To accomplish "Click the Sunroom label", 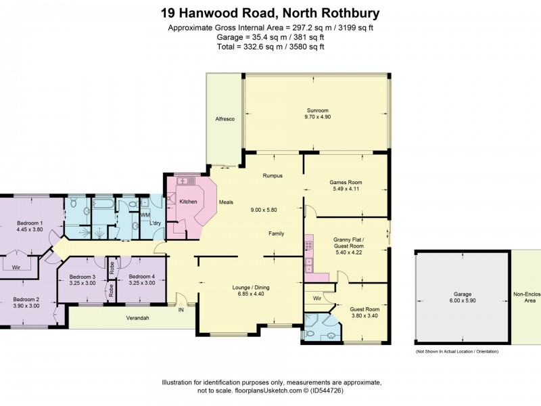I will (318, 110).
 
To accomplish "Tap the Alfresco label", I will (225, 118).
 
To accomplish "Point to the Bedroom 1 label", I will (30, 223).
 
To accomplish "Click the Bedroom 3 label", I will (84, 276).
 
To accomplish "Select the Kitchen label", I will (187, 202).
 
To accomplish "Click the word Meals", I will (226, 202).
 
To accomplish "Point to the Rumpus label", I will (272, 176).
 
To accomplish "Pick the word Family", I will (276, 233).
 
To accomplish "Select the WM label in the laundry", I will (145, 215).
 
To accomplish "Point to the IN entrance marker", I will (181, 310).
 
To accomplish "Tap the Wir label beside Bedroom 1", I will (16, 267).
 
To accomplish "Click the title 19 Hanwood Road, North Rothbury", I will (270, 12).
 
